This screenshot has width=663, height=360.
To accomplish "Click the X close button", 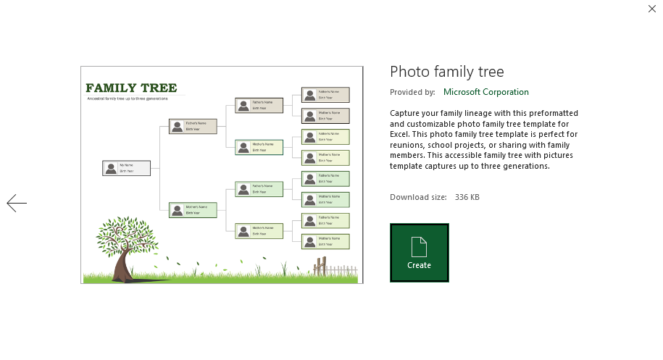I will tap(651, 9).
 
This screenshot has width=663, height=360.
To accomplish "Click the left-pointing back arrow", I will tap(17, 204).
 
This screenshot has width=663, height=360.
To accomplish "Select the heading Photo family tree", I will tap(446, 72).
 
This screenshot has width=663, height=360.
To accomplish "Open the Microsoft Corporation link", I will tap(485, 92).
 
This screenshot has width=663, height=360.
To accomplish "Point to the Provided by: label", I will tap(412, 92).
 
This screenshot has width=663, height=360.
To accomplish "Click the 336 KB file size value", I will tap(467, 197).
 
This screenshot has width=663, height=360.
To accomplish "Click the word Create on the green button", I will tap(419, 265).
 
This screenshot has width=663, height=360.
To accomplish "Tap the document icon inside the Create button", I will tap(419, 247).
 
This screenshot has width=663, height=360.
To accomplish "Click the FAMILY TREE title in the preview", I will tap(131, 88).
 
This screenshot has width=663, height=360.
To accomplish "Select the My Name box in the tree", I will tap(126, 168).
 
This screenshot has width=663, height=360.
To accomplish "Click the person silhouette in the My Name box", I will tap(110, 168).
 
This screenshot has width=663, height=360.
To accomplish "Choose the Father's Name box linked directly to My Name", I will tap(193, 126).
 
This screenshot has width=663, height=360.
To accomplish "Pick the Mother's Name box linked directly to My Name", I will tap(193, 210).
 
